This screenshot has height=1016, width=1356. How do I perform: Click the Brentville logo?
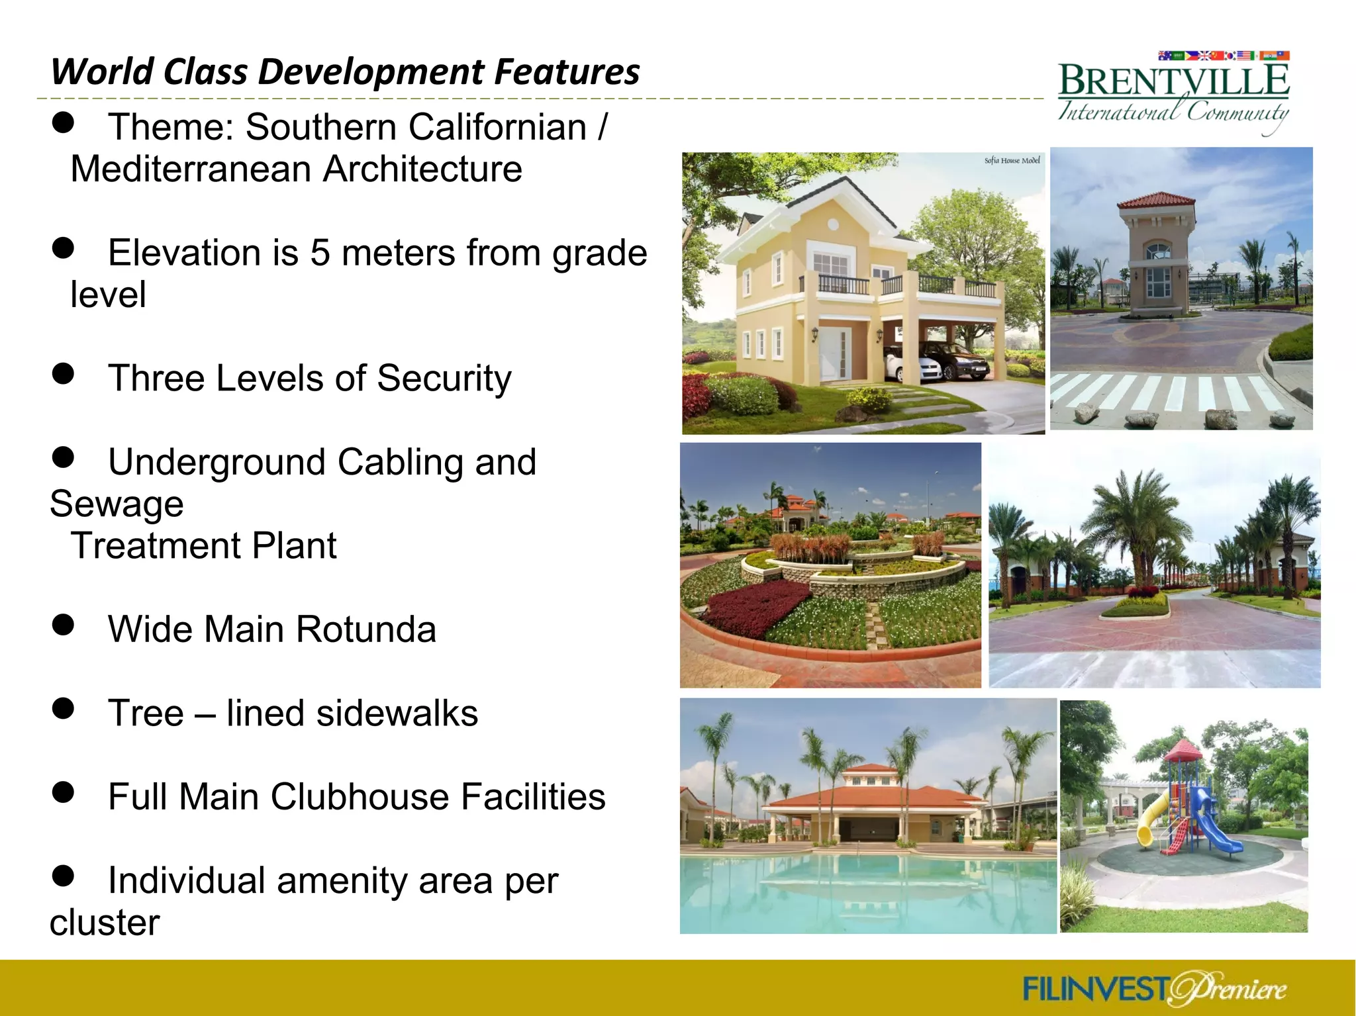pyautogui.click(x=1173, y=93)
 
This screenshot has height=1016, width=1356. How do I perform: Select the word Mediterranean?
pyautogui.click(x=191, y=169)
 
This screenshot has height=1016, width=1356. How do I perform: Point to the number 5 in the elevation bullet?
pyautogui.click(x=320, y=253)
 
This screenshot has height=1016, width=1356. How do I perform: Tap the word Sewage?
pyautogui.click(x=117, y=504)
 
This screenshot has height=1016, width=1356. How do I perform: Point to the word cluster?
pyautogui.click(x=105, y=923)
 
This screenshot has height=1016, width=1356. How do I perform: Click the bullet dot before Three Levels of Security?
pyautogui.click(x=63, y=373)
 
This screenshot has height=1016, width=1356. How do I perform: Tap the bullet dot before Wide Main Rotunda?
pyautogui.click(x=63, y=624)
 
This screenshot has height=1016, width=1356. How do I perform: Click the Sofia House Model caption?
pyautogui.click(x=1012, y=160)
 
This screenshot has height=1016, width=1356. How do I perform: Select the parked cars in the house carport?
pyautogui.click(x=940, y=361)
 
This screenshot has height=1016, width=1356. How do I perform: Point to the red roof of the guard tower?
pyautogui.click(x=1157, y=199)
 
